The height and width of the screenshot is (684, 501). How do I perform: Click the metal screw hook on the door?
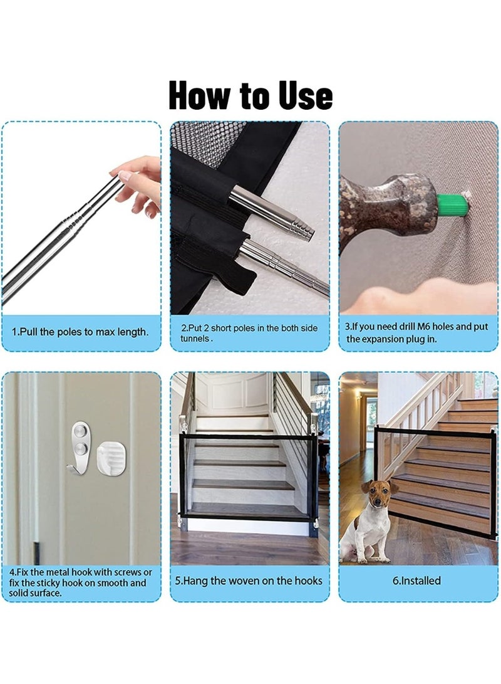coord(80,448)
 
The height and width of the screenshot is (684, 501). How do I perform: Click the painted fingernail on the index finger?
coord(125,176)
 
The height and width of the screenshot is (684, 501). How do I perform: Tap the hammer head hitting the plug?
coord(387,208)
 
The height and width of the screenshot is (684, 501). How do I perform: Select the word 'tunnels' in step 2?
coord(195,339)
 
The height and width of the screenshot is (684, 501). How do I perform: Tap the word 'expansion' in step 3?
coord(383,339)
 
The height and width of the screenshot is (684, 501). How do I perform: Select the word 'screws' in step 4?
coord(126,572)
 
